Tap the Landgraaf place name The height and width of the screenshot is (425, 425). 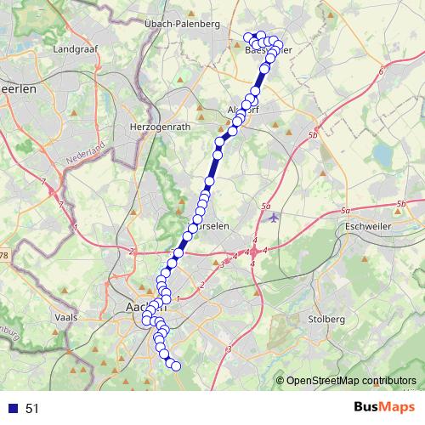coord(76,49)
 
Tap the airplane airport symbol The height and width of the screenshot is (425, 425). coord(272,217)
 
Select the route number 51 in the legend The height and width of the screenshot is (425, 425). coord(32,409)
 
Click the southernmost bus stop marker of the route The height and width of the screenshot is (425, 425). coord(177,366)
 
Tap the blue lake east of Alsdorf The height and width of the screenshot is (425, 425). coord(382,154)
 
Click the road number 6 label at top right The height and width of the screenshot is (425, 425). coord(382,72)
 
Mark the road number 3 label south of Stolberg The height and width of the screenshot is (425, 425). coord(229,348)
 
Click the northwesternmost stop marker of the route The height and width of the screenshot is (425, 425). coord(247,37)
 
